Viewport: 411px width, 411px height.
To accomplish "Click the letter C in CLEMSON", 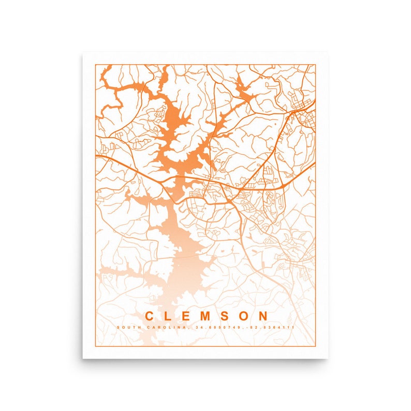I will click(x=149, y=316).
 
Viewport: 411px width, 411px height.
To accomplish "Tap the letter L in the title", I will click(x=168, y=316).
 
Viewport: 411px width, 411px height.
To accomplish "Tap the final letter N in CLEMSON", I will click(x=263, y=316).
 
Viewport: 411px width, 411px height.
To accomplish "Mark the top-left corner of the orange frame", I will click(x=95, y=65).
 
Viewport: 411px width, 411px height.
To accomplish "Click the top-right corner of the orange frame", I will click(x=315, y=65).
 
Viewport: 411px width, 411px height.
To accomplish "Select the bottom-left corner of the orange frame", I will click(x=95, y=346).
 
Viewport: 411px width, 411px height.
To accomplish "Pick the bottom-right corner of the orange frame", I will click(x=315, y=346).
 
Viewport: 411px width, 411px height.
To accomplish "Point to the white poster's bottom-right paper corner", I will click(x=328, y=358).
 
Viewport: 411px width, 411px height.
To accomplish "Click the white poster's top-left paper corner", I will click(x=83, y=53).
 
